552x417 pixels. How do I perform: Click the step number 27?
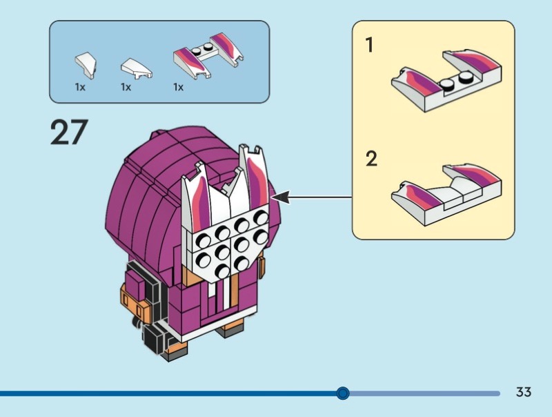70,132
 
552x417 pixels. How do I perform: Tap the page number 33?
524,392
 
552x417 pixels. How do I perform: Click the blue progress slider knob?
343,394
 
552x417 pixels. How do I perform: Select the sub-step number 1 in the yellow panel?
370,46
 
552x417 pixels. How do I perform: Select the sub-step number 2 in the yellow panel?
371,159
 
